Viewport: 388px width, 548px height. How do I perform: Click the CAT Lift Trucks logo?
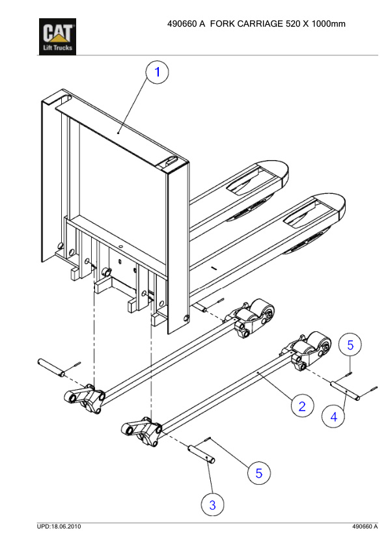[x=59, y=37]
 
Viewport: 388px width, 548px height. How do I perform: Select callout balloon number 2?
[x=301, y=407]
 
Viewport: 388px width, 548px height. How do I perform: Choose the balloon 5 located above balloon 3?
[x=258, y=473]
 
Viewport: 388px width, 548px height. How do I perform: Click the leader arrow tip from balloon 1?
[x=118, y=132]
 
